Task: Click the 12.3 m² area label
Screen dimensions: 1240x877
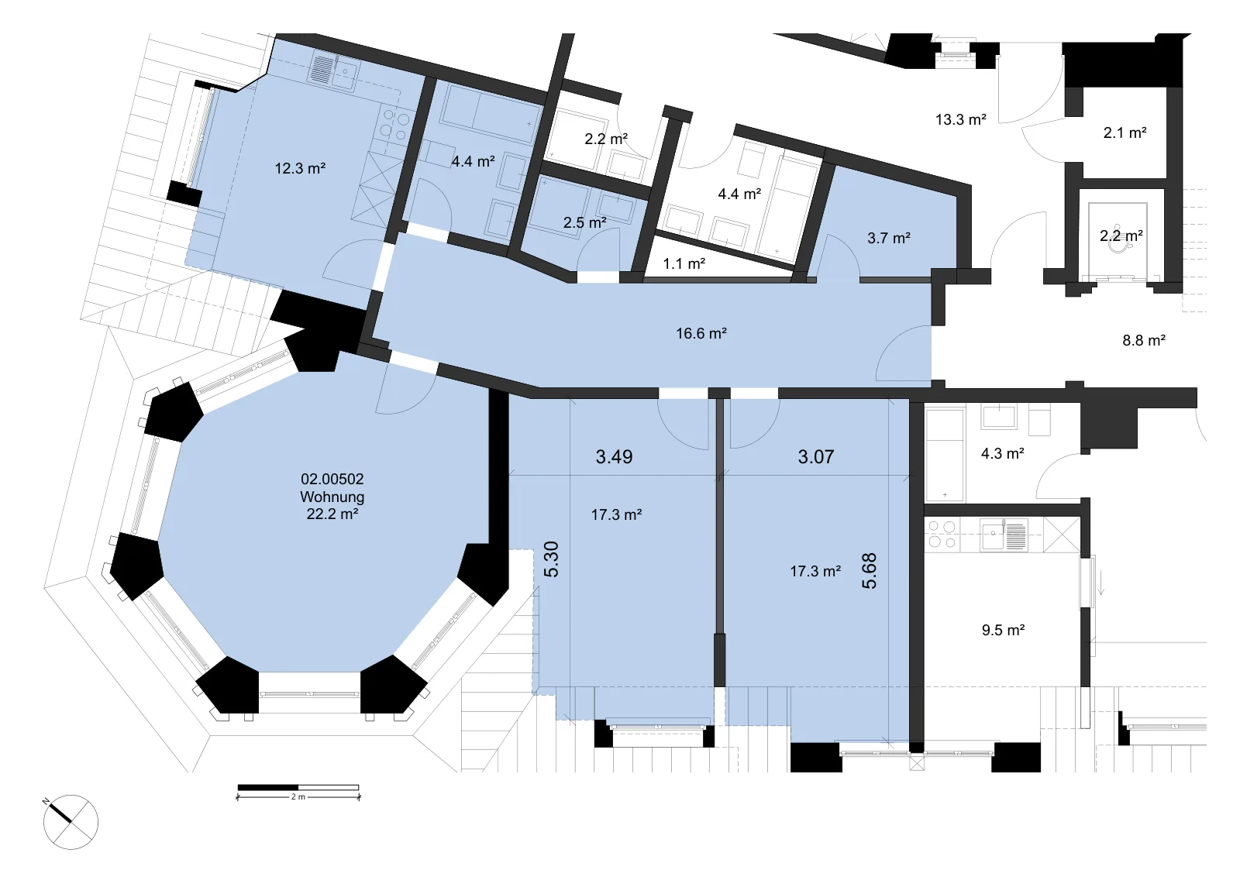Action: click(300, 168)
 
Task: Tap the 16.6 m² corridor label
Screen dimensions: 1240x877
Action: click(701, 333)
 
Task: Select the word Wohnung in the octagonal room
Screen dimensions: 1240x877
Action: click(332, 497)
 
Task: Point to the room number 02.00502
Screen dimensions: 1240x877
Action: click(332, 479)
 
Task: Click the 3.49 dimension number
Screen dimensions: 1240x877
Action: click(614, 456)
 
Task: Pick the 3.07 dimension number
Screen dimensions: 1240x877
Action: click(815, 456)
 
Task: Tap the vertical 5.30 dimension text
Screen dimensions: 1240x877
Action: click(551, 559)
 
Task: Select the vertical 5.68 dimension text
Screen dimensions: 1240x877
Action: click(869, 571)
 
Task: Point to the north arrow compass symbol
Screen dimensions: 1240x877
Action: click(71, 822)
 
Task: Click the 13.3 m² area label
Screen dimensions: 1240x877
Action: click(960, 119)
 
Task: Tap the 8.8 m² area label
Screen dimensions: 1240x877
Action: click(1144, 340)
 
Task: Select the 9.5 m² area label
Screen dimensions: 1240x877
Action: click(1003, 630)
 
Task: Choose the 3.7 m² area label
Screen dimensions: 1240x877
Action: click(888, 238)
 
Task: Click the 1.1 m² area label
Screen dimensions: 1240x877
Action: click(684, 264)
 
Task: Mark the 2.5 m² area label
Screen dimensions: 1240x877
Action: click(584, 222)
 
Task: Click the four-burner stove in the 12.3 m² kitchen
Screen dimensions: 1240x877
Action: click(396, 124)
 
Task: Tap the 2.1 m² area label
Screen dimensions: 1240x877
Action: click(1125, 132)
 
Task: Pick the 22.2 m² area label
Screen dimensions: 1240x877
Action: click(332, 514)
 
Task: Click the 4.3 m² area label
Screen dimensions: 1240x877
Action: click(1003, 454)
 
